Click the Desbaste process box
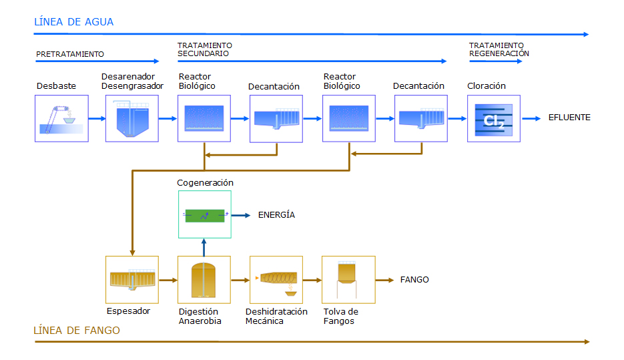pos(61,118)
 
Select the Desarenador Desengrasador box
pos(132,118)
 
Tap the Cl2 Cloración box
pos(494,118)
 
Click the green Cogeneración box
pos(205,214)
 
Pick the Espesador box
pos(132,280)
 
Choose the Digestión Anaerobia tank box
pos(204,280)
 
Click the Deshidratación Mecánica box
pos(276,280)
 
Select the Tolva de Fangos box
pos(348,280)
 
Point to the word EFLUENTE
pos(569,118)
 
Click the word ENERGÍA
pos(276,214)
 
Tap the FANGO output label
pos(414,280)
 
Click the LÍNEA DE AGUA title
pos(73,21)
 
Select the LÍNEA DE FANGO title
pos(76,330)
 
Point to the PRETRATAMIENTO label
pos(70,54)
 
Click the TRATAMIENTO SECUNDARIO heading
pos(205,49)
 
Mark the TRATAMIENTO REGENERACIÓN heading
pos(499,49)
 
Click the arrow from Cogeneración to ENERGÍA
pos(241,216)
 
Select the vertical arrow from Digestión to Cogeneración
pos(204,247)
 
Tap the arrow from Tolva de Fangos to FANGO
pos(385,281)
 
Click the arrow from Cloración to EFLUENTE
pos(531,118)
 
